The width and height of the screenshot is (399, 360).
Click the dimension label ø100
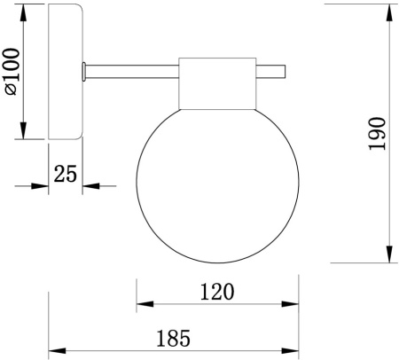(11, 70)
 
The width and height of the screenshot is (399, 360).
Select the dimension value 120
(216, 291)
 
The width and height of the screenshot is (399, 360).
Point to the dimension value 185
(174, 338)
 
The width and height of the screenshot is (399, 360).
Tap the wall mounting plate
(65, 72)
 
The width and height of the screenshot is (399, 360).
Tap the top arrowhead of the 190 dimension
(389, 12)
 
